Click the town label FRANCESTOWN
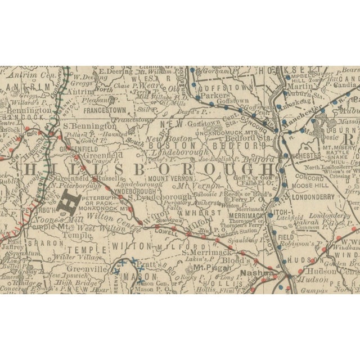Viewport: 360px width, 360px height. [106, 111]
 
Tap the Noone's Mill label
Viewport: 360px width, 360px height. [40, 221]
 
